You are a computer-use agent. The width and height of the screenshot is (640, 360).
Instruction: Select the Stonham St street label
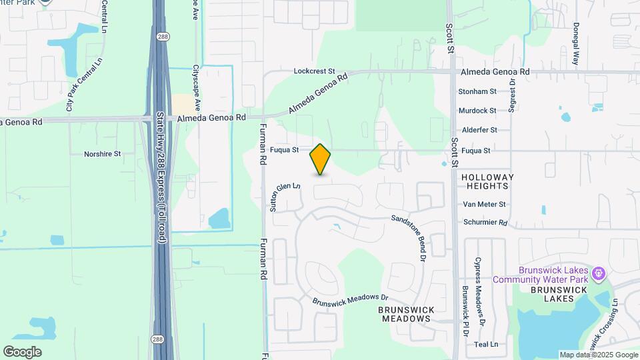tap(477, 91)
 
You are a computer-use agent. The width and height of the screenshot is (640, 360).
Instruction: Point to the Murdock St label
tap(477, 111)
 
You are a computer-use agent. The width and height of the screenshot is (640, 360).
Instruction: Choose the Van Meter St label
tap(484, 205)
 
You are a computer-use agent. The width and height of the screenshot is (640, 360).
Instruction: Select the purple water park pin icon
tap(599, 272)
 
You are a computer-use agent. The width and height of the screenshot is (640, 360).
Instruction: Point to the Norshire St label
tap(102, 154)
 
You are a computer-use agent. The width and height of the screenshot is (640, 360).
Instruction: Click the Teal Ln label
tap(486, 344)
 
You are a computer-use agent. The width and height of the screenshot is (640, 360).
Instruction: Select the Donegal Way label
tap(576, 46)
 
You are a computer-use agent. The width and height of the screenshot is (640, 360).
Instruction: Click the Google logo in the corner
tap(22, 352)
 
